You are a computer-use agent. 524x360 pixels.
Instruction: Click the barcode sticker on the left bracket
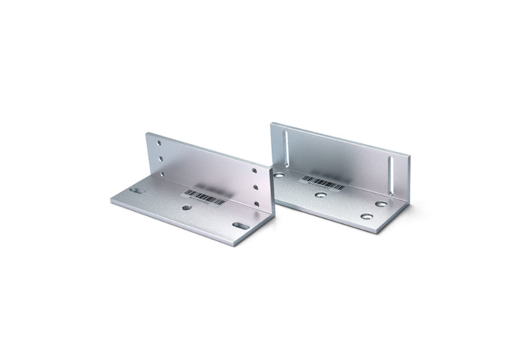click(x=204, y=196)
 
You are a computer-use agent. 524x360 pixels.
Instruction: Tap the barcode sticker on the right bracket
click(x=322, y=181)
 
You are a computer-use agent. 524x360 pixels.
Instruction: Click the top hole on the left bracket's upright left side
click(x=159, y=143)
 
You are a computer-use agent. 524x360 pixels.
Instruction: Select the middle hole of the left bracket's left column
click(x=161, y=158)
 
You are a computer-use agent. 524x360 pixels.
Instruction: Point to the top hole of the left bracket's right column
click(x=254, y=171)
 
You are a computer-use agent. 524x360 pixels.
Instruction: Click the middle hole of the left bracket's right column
click(x=256, y=186)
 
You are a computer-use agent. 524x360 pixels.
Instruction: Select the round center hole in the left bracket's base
click(x=186, y=207)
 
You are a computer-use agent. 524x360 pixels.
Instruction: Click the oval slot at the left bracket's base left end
click(x=135, y=190)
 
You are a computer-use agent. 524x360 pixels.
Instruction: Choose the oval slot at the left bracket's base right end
click(x=240, y=225)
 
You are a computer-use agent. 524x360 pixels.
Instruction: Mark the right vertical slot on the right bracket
click(x=391, y=175)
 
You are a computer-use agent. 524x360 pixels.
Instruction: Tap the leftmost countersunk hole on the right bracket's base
click(x=279, y=174)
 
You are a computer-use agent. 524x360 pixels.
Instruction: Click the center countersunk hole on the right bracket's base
click(x=321, y=195)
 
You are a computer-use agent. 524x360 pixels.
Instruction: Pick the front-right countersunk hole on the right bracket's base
click(x=367, y=216)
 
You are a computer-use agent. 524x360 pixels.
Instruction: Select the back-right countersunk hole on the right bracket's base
click(x=380, y=204)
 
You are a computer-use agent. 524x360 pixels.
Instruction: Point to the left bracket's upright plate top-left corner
click(x=146, y=132)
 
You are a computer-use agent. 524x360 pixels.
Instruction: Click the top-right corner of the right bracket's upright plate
click(x=409, y=155)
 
